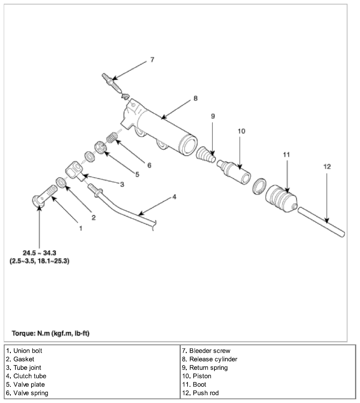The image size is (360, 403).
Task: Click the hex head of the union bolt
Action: [x=38, y=201]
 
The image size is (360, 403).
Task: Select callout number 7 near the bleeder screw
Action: [x=152, y=60]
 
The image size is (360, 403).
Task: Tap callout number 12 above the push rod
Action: [x=327, y=167]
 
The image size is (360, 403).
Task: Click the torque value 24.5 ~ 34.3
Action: [x=39, y=253]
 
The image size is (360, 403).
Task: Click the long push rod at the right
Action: [x=321, y=222]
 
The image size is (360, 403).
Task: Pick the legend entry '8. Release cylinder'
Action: [x=210, y=359]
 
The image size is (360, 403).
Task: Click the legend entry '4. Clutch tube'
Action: [x=26, y=376]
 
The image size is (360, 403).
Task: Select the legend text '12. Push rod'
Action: [x=200, y=393]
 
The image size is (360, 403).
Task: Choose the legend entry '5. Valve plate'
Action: [x=25, y=384]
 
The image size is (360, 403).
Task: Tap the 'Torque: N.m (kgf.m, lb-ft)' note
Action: [x=51, y=333]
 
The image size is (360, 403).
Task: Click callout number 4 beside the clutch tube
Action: [x=174, y=197]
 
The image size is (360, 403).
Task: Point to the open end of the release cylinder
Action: [x=188, y=145]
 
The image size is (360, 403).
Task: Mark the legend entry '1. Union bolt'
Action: [x=24, y=351]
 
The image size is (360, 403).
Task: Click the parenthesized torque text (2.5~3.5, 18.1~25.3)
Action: [x=39, y=261]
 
